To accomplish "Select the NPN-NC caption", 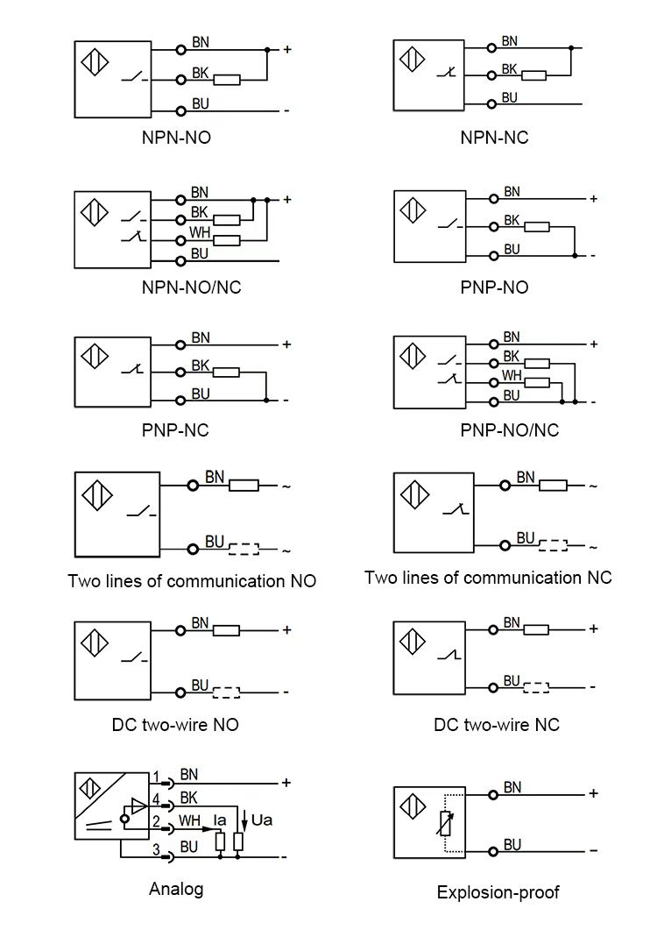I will click(x=494, y=138).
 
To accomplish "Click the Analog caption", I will click(x=175, y=889).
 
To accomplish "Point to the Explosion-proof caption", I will click(x=498, y=892).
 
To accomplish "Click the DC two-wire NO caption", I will click(x=175, y=725).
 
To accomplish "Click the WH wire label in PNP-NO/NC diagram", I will click(x=512, y=375).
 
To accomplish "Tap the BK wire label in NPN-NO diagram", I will click(x=200, y=73).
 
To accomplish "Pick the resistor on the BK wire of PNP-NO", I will click(x=537, y=227).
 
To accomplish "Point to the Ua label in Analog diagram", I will click(x=262, y=820).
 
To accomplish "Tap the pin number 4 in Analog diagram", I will click(x=156, y=799).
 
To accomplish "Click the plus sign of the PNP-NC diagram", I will click(x=286, y=344).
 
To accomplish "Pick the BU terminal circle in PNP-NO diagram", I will click(x=494, y=255).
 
